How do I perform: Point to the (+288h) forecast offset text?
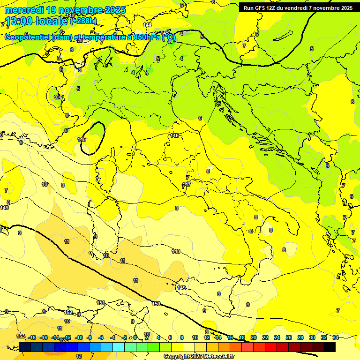pyautogui.click(x=83, y=21)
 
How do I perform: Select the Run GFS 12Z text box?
pyautogui.click(x=298, y=7)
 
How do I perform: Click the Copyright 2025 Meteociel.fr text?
pyautogui.click(x=199, y=356)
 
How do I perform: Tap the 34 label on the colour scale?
pyautogui.click(x=336, y=337)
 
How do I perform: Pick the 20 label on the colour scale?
pyautogui.click(x=254, y=337)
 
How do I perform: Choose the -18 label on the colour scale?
pyautogui.click(x=32, y=337)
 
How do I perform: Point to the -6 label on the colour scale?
pyautogui.click(x=101, y=337)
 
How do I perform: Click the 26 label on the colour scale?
pyautogui.click(x=289, y=337)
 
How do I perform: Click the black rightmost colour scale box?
pyautogui.click(x=330, y=347)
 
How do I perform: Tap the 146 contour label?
pyautogui.click(x=175, y=135)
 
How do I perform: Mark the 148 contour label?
pyautogui.click(x=176, y=251)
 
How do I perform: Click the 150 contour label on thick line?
pyautogui.click(x=156, y=304)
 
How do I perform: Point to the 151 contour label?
pyautogui.click(x=100, y=303)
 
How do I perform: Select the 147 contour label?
pyautogui.click(x=187, y=184)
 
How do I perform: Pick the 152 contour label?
pyautogui.click(x=68, y=312)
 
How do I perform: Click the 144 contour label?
pyautogui.click(x=147, y=24)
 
